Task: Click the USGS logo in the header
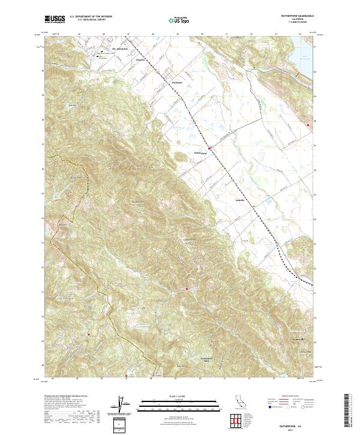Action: coord(55,19)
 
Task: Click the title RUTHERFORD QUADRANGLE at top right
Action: coord(294,16)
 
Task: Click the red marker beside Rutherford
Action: coord(209,148)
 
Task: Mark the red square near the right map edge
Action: coord(308,125)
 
